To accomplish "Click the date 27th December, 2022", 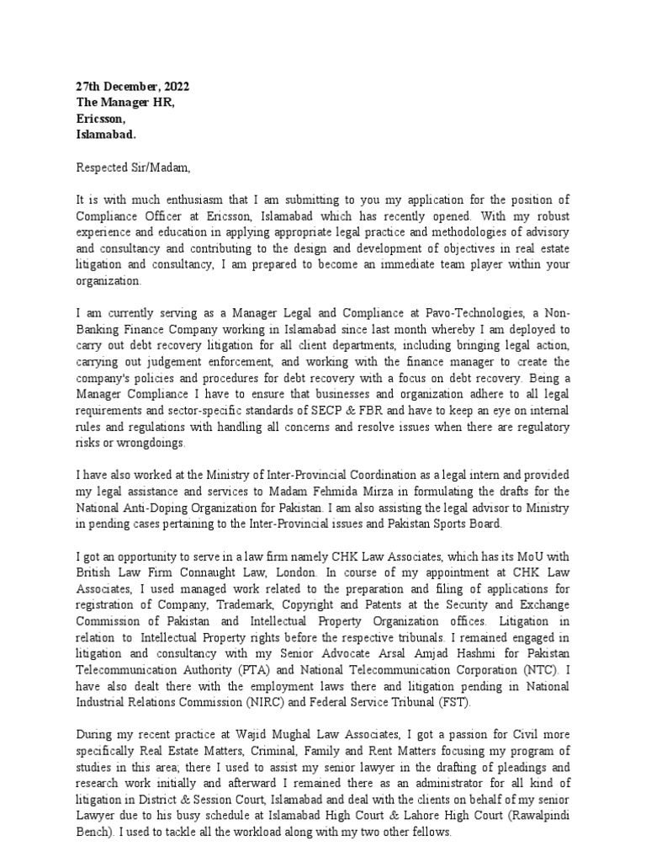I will click(132, 87).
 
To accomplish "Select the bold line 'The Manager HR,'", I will click(125, 103).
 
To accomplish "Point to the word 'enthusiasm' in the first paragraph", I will click(180, 200).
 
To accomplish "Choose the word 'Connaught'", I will click(210, 572).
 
